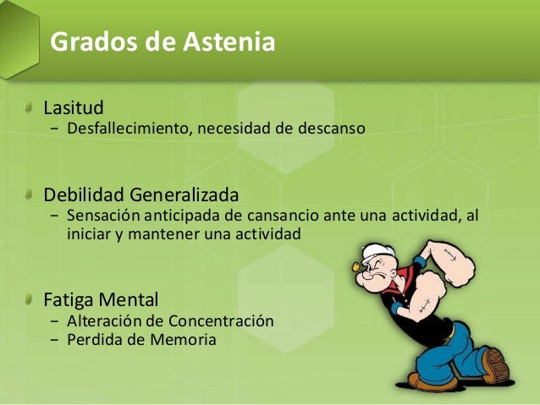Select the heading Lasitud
point(74,108)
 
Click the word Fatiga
point(71,299)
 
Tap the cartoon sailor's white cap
point(374,254)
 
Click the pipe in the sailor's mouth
point(358,268)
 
